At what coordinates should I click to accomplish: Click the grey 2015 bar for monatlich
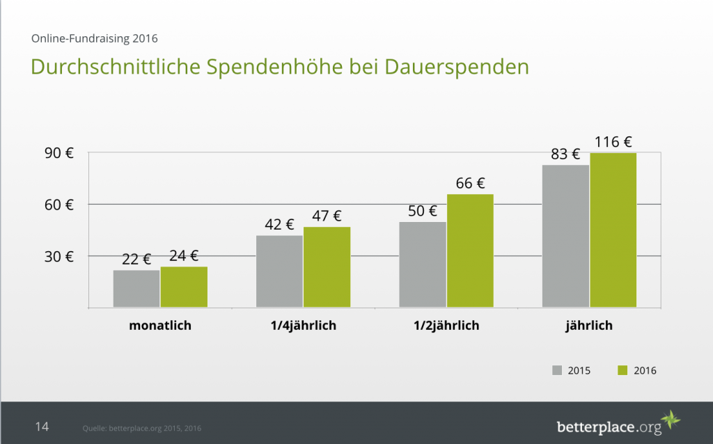click(136, 289)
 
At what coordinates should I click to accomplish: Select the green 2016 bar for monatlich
click(184, 287)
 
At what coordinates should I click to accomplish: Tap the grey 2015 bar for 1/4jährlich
click(279, 271)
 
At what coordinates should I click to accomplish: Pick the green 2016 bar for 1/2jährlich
click(470, 251)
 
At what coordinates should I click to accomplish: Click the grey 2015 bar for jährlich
click(565, 236)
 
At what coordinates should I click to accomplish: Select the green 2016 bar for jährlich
click(613, 230)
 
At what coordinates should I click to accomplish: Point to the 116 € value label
click(613, 143)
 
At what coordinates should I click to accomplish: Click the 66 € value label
click(470, 184)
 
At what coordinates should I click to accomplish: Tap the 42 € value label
click(279, 225)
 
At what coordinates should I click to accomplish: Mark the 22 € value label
click(136, 260)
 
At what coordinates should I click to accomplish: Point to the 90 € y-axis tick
click(60, 153)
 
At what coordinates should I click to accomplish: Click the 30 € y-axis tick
click(60, 256)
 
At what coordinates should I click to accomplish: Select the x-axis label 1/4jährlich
click(303, 326)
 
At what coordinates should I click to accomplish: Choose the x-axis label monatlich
click(160, 326)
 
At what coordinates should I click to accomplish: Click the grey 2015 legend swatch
click(557, 370)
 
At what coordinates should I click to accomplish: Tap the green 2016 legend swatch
click(622, 370)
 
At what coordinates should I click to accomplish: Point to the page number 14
click(42, 426)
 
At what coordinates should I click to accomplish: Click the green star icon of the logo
click(671, 421)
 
